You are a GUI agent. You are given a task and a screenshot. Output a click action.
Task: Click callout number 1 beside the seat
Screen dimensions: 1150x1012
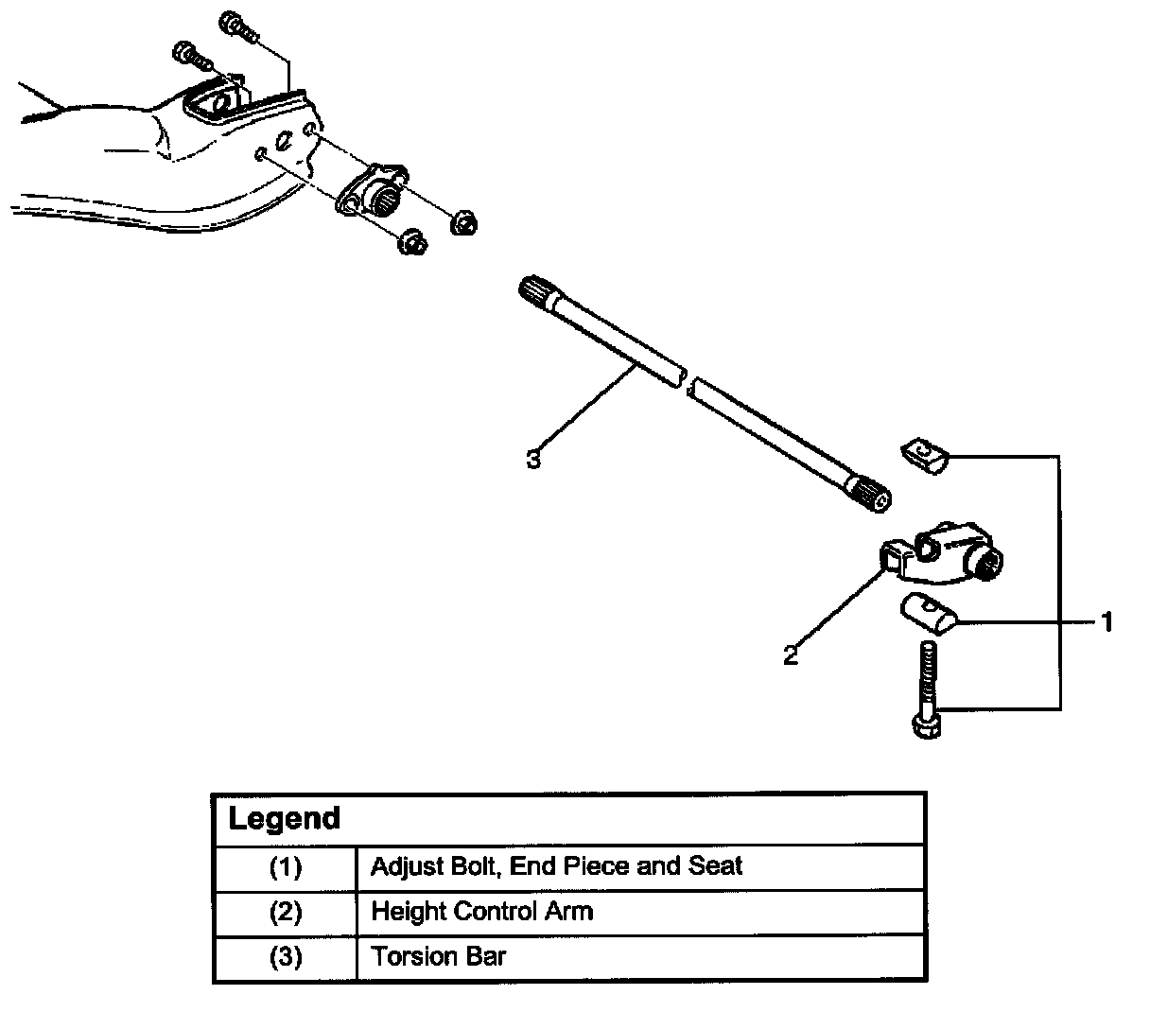(1106, 622)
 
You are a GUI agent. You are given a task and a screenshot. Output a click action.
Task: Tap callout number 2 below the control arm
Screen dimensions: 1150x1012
(790, 655)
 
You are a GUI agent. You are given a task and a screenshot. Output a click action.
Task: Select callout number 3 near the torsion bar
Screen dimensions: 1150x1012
(533, 459)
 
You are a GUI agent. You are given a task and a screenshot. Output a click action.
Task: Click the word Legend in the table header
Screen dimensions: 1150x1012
(284, 818)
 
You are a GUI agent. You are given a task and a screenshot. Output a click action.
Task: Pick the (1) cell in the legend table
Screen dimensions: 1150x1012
(286, 866)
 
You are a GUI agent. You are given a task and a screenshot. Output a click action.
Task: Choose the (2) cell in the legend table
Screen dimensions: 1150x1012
(286, 912)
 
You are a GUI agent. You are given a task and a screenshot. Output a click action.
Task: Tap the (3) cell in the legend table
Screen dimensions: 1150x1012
(286, 957)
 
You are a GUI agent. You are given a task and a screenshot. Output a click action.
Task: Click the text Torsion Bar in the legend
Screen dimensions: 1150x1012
(438, 956)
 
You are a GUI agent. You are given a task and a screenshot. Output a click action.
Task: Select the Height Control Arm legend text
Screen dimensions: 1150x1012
(482, 912)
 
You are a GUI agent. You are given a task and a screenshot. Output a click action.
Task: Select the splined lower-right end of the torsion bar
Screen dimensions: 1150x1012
(868, 493)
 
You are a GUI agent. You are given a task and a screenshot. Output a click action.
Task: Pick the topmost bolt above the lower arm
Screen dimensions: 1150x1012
(238, 26)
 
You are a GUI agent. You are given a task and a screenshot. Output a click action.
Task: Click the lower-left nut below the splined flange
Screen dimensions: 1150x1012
(413, 242)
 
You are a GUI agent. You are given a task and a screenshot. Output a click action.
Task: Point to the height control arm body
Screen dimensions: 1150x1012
(942, 555)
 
